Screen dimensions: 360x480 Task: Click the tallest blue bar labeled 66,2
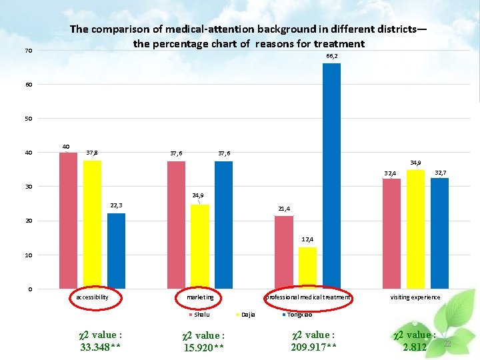click(331, 176)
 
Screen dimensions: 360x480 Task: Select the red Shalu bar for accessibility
click(68, 221)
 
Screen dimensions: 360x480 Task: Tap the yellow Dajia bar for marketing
click(199, 246)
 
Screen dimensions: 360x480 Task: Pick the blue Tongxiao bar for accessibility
click(116, 251)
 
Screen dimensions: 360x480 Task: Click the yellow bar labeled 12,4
click(307, 267)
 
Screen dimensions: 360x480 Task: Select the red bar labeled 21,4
click(283, 252)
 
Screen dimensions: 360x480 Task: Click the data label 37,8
click(93, 153)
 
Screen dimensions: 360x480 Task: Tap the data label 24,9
click(198, 195)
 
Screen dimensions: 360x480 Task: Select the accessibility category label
click(92, 297)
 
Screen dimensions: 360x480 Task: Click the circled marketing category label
click(200, 297)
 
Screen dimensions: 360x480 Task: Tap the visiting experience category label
click(415, 297)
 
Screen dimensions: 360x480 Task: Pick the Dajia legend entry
click(247, 314)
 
